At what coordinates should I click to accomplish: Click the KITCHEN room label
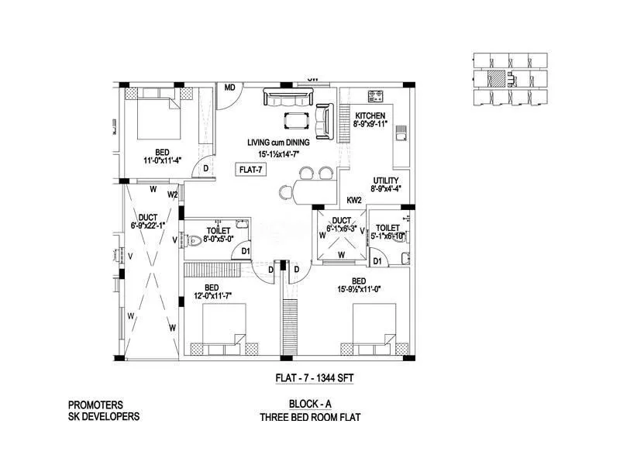(x=370, y=115)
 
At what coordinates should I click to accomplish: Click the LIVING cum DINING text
(x=278, y=143)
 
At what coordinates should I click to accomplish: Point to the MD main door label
(x=230, y=87)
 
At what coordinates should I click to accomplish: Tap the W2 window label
(x=173, y=195)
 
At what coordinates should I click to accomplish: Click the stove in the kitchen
(x=377, y=97)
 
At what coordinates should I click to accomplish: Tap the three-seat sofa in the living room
(x=288, y=98)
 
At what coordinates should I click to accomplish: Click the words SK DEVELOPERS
(x=104, y=416)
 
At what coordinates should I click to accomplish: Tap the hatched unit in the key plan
(x=497, y=77)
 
